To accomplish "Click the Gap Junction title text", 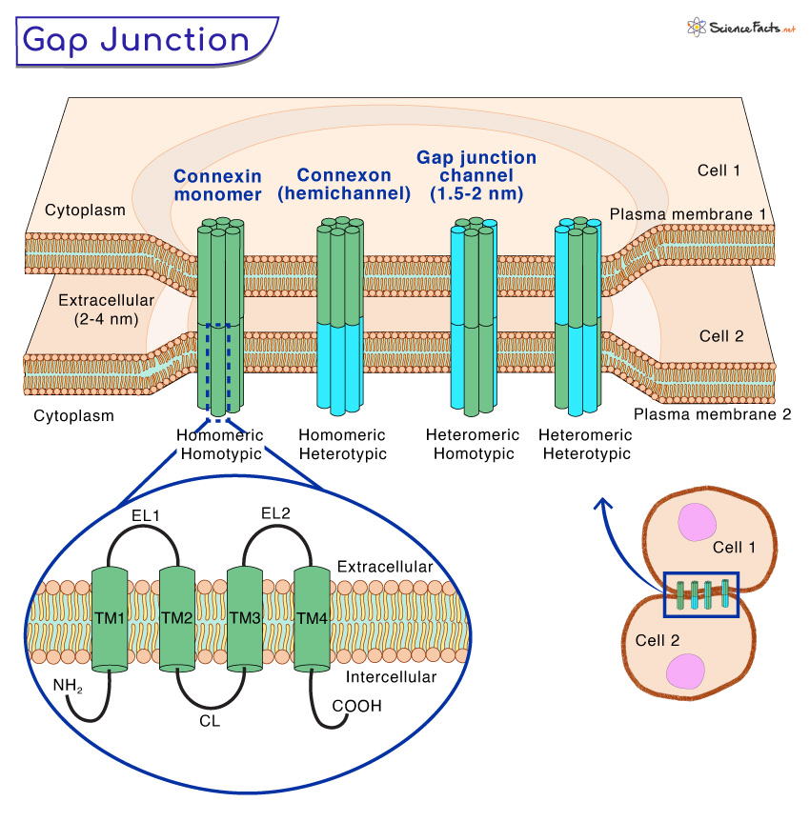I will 135,40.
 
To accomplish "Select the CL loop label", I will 210,721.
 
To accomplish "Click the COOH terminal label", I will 356,706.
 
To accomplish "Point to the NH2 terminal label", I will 68,684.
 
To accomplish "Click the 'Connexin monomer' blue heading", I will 217,186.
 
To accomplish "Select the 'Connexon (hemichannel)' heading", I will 343,185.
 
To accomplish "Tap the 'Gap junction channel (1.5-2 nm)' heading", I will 476,175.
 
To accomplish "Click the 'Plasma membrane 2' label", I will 712,414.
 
